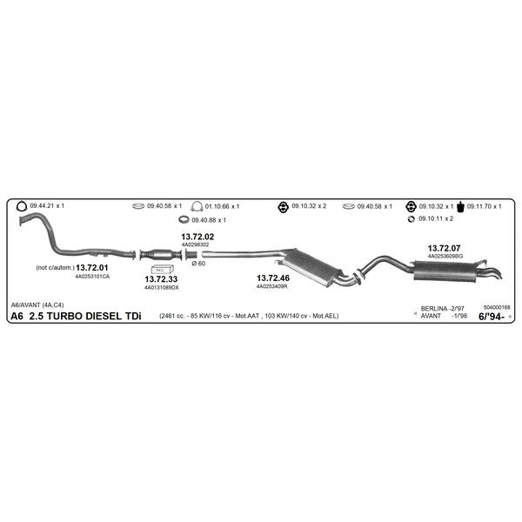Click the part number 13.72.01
[92, 268]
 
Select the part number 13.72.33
[161, 279]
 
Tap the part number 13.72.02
[197, 237]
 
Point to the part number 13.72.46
[273, 278]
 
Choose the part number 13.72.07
[444, 248]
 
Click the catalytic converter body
[162, 255]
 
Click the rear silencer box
[446, 271]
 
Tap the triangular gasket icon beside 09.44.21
[22, 206]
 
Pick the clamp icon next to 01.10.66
[197, 206]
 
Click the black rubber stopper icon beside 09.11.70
[460, 207]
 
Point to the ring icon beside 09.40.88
[184, 220]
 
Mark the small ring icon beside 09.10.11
[412, 219]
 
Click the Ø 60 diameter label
[198, 264]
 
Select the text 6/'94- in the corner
[492, 317]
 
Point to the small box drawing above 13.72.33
[162, 269]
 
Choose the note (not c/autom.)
[56, 268]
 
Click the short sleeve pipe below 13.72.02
[191, 255]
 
